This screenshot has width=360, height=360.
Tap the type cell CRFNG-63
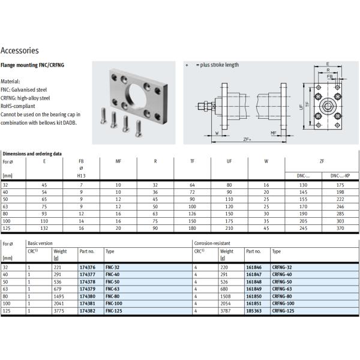pos(282,289)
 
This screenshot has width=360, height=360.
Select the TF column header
pos(193,161)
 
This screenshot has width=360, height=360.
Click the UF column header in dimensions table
pos(228,161)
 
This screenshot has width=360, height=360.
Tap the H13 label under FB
pos(82,175)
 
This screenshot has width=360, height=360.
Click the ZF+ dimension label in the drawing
pos(247,139)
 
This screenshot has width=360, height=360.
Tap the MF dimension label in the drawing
pos(272,133)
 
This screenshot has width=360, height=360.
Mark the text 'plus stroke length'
pos(217,65)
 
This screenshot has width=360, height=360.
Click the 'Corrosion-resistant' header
pos(212,244)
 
